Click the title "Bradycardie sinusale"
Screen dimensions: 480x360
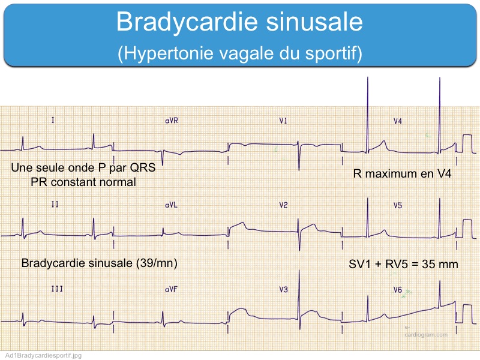pyautogui.click(x=239, y=22)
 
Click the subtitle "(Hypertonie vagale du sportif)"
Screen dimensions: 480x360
pyautogui.click(x=240, y=53)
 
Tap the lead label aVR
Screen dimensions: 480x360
pyautogui.click(x=172, y=121)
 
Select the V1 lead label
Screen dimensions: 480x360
pyautogui.click(x=283, y=121)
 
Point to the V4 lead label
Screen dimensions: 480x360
pyautogui.click(x=398, y=121)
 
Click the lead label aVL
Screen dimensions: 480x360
pyautogui.click(x=171, y=205)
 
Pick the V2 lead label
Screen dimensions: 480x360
pyautogui.click(x=283, y=205)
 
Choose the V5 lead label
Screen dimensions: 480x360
pyautogui.click(x=398, y=205)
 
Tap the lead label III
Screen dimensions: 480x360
pyautogui.click(x=57, y=289)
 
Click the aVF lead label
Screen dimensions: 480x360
pyautogui.click(x=171, y=289)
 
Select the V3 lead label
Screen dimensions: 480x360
pyautogui.click(x=283, y=289)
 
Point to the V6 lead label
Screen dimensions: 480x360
pyautogui.click(x=398, y=289)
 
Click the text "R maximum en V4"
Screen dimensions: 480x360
pyautogui.click(x=402, y=173)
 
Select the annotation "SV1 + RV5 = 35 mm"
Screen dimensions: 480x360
pyautogui.click(x=403, y=264)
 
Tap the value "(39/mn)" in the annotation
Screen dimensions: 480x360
pyautogui.click(x=157, y=263)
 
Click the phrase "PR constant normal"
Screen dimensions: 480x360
pyautogui.click(x=83, y=182)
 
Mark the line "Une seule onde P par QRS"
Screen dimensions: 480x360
pyautogui.click(x=83, y=167)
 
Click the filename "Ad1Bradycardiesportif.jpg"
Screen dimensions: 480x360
pyautogui.click(x=43, y=355)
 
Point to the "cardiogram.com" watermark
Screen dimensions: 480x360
pyautogui.click(x=426, y=335)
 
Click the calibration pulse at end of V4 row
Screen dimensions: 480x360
pyautogui.click(x=467, y=143)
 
